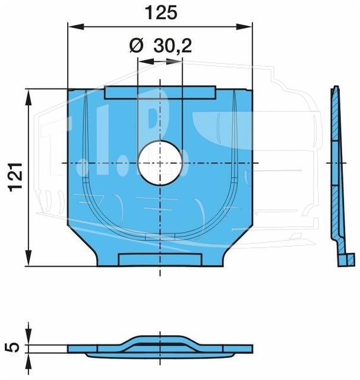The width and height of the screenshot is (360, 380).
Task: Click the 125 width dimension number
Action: coord(161,13)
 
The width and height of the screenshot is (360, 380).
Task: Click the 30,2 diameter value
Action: coord(173,46)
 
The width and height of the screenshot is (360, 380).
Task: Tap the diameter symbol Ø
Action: coord(137,46)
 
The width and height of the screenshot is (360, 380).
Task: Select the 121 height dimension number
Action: coord(16,177)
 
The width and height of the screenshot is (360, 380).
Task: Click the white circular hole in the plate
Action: coord(160,163)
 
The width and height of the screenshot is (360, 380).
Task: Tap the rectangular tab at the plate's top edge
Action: coord(160,93)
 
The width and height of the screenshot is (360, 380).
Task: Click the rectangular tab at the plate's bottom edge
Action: coord(160,259)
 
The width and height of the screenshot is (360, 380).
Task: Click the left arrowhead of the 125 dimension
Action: coord(76,27)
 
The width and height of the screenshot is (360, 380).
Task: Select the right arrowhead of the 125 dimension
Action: coord(244,27)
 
